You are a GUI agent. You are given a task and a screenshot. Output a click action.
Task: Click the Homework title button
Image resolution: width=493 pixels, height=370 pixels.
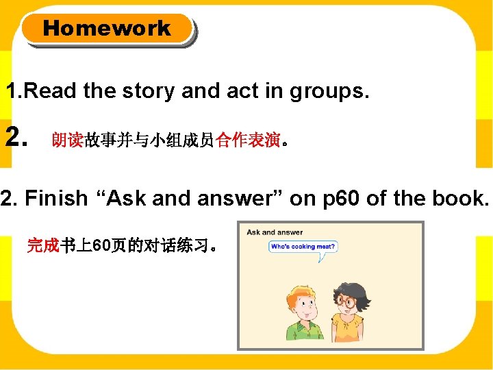click(x=107, y=29)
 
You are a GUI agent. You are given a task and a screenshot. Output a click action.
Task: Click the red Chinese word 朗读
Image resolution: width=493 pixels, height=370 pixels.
click(x=67, y=140)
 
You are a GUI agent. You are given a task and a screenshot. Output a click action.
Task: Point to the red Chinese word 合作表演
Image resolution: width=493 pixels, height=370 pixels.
click(x=248, y=140)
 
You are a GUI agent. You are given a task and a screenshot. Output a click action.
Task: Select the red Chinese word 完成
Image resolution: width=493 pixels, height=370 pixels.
click(x=43, y=245)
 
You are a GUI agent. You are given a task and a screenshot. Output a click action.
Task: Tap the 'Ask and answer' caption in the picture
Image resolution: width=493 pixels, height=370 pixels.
click(x=275, y=232)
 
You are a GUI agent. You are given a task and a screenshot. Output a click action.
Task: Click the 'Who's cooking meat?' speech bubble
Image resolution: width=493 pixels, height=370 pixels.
click(x=303, y=247)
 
